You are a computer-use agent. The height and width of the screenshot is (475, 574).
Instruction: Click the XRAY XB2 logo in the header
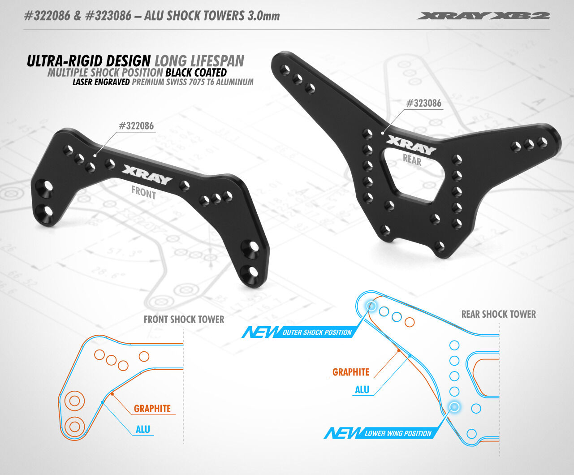point(483,16)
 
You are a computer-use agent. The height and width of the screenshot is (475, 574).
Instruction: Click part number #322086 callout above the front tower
point(136,126)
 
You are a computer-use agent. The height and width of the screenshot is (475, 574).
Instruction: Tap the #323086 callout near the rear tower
point(423,104)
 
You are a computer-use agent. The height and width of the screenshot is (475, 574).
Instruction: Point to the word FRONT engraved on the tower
point(143,192)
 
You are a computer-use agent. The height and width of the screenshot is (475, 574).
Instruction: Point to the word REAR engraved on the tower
point(412,160)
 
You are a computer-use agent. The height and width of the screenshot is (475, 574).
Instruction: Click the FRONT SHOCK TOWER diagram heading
point(184,320)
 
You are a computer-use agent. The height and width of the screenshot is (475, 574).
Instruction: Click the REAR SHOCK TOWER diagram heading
point(498,314)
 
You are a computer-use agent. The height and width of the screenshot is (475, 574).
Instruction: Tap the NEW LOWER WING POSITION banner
point(379,433)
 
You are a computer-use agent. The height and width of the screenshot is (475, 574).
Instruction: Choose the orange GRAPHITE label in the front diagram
point(152,409)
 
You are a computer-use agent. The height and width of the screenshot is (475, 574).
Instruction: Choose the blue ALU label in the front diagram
point(143,429)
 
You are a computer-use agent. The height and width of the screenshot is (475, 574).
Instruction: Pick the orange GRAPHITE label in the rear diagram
point(351,372)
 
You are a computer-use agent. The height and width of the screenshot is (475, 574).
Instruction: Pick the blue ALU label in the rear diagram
point(362,389)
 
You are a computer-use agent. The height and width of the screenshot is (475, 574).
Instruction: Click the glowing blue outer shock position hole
point(371,306)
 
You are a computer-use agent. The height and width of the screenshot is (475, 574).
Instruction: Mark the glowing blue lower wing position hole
point(454,406)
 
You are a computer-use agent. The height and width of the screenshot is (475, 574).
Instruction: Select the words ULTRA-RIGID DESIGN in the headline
point(89,61)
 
